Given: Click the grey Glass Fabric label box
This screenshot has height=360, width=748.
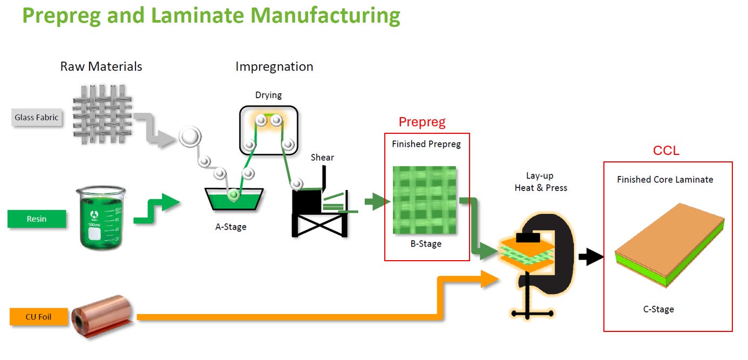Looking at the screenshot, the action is [37, 117].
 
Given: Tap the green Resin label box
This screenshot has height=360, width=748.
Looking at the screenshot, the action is [37, 219].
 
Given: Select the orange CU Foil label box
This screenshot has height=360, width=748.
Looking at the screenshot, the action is [38, 317].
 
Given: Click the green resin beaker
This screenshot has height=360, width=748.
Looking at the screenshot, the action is [101, 217].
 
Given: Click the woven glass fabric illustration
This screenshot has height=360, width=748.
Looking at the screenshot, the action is [102, 114].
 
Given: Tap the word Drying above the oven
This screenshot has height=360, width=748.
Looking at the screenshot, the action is [268, 95].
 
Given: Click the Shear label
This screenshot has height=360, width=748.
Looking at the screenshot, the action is [322, 157].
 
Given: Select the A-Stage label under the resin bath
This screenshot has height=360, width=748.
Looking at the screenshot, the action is [231, 227].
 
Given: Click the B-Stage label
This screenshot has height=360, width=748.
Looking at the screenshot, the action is [426, 244].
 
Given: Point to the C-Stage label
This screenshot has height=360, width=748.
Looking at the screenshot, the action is [658, 309].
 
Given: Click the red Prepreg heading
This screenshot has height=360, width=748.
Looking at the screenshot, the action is [422, 122].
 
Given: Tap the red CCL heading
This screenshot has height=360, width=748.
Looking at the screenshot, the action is [666, 151].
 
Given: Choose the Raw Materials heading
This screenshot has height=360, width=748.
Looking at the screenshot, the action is [101, 66].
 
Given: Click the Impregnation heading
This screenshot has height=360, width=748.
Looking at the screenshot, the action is [274, 67].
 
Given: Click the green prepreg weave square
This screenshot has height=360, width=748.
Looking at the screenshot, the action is [424, 200].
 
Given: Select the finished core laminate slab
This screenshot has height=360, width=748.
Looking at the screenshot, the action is [670, 245].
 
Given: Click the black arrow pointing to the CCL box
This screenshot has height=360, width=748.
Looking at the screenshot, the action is [591, 257].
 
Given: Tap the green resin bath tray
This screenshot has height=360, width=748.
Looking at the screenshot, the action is [234, 199].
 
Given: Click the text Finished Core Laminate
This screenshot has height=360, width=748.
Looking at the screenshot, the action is [665, 180].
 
